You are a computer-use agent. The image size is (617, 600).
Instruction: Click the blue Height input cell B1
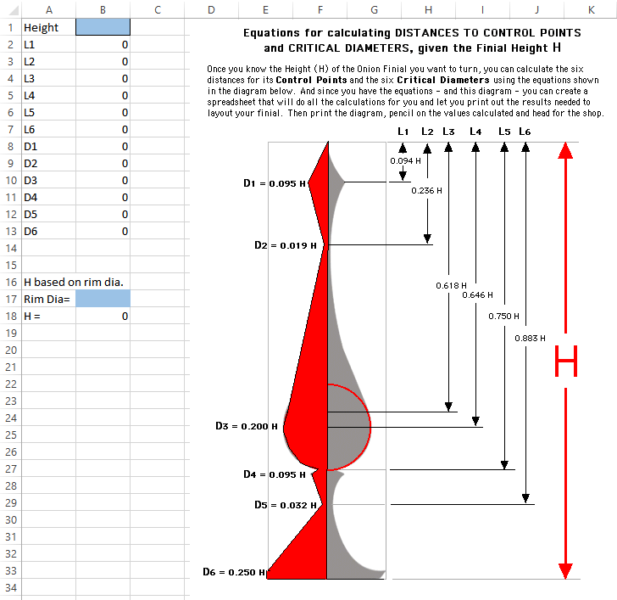point(103,27)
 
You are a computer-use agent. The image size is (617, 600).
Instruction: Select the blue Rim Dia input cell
point(103,299)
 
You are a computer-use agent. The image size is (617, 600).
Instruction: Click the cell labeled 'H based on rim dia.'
point(74,282)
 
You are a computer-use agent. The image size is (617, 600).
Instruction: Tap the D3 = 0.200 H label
point(247,426)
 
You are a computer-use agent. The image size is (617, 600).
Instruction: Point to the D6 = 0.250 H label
point(234,572)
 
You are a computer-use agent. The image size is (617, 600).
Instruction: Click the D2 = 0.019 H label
point(286,245)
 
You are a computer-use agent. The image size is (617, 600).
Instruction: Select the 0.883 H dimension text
point(530,338)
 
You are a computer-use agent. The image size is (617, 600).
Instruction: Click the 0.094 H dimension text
point(405,160)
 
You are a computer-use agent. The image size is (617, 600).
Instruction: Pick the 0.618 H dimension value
point(451,286)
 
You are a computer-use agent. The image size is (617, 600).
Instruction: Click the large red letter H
point(566,361)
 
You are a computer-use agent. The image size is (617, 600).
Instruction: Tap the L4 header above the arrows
point(475,132)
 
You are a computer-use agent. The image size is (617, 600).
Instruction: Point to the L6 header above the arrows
point(525,132)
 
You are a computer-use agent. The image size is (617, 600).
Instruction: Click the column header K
point(591,10)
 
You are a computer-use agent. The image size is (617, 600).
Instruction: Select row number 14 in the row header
point(11,248)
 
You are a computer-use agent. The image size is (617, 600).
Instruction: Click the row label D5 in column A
point(31,215)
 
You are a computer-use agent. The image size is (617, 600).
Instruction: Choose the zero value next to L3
point(125,78)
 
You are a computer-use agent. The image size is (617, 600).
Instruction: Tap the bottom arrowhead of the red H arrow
point(565,571)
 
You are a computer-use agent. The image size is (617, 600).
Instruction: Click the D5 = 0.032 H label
point(286,505)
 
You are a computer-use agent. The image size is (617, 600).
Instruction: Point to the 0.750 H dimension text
point(503,316)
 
